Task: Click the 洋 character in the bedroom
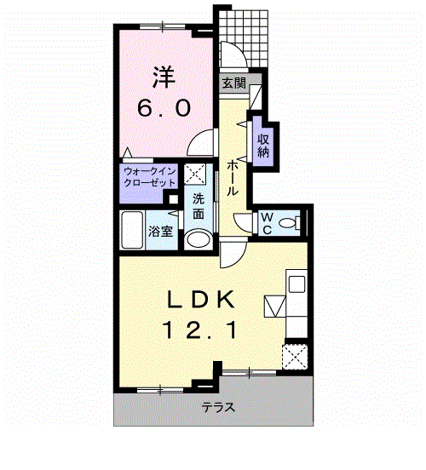(164, 77)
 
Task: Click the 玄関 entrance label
(234, 83)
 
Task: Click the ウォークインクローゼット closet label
(148, 178)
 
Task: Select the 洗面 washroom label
(198, 207)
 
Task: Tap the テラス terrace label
(218, 407)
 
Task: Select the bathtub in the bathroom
(133, 229)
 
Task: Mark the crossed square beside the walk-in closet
(194, 176)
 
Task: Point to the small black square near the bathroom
(174, 203)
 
